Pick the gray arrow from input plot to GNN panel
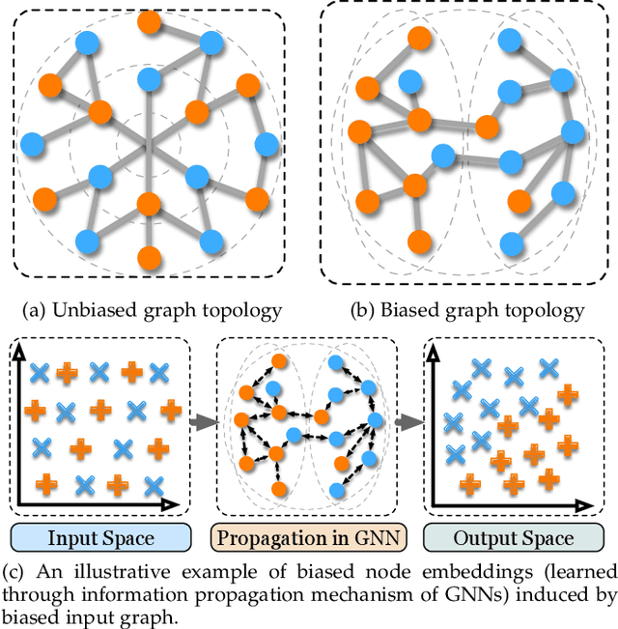[x=200, y=422]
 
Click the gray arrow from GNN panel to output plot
[x=409, y=422]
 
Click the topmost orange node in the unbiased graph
[x=149, y=20]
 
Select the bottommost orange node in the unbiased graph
[x=149, y=257]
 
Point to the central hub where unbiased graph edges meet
[x=148, y=145]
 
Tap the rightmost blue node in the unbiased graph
[x=267, y=146]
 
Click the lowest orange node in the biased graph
[x=418, y=240]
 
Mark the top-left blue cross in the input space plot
[x=40, y=372]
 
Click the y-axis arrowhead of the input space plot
[x=17, y=360]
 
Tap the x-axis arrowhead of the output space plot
[x=590, y=505]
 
